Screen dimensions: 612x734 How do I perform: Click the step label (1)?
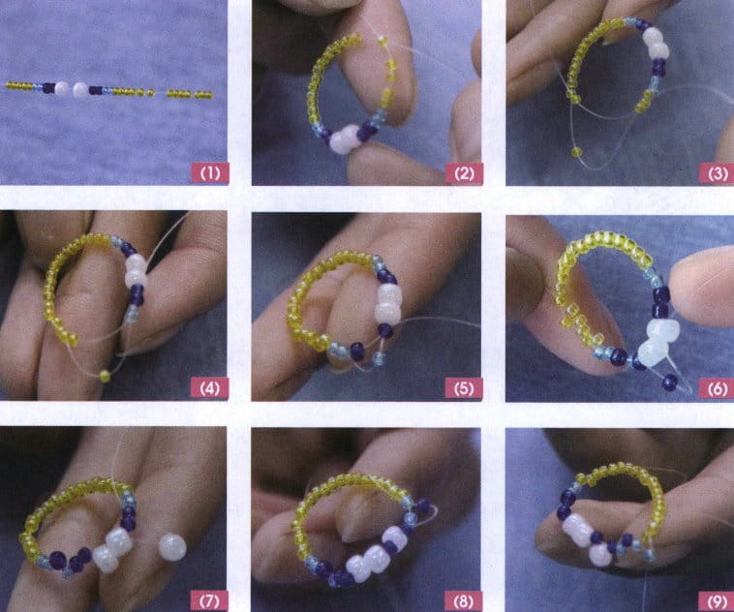pyautogui.click(x=209, y=174)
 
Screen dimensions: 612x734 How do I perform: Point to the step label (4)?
pyautogui.click(x=209, y=389)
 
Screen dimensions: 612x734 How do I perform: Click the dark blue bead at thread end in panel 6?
pyautogui.click(x=670, y=382)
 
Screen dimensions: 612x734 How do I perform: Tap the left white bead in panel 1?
pyautogui.click(x=63, y=88)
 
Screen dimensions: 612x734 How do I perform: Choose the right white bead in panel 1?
pyautogui.click(x=80, y=89)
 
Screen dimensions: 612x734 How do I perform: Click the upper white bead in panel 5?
pyautogui.click(x=389, y=293)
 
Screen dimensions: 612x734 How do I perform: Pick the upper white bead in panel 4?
pyautogui.click(x=137, y=263)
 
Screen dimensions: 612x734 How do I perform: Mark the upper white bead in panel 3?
pyautogui.click(x=655, y=37)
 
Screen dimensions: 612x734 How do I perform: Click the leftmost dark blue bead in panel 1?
pyautogui.click(x=47, y=88)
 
